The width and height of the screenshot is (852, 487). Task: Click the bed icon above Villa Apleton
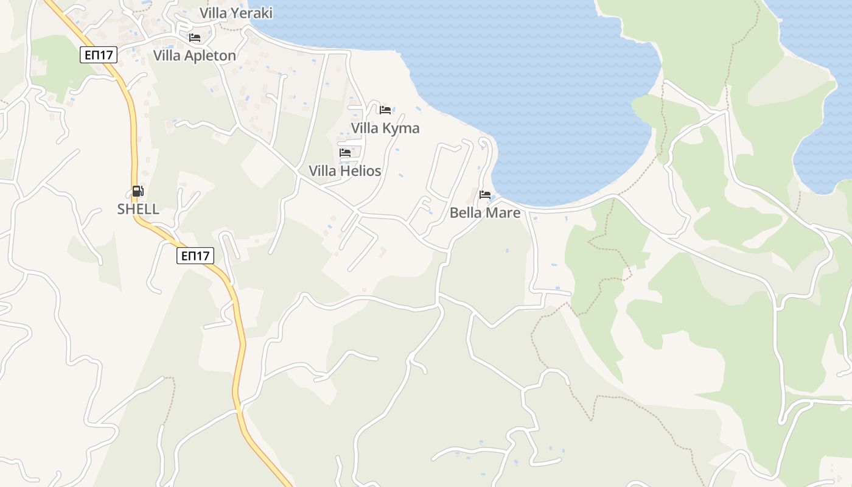195,38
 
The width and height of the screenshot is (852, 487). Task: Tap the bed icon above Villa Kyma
385,110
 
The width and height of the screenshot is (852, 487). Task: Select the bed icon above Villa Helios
345,153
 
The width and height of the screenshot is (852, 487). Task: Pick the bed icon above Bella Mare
485,195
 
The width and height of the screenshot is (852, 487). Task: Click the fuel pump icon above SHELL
138,191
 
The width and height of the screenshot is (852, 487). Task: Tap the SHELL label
138,209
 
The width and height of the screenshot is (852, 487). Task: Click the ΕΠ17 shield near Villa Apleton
98,55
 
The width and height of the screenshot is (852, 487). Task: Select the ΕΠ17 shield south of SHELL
195,256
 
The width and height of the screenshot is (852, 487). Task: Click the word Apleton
211,56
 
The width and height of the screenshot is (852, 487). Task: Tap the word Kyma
402,128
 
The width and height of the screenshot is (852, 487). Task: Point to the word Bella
466,213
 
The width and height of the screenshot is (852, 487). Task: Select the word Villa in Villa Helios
323,171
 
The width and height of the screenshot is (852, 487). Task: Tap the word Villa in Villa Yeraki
213,13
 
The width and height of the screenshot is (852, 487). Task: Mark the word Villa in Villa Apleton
167,56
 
